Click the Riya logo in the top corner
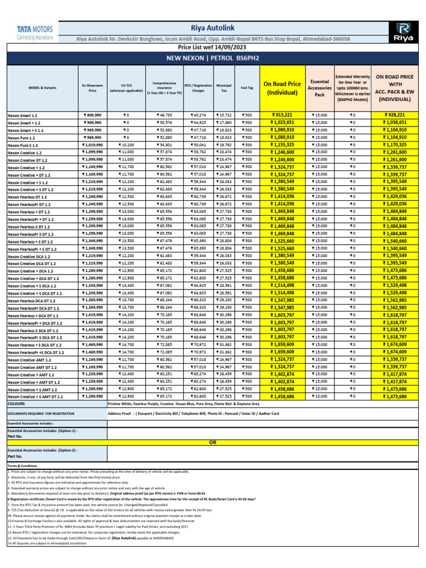coord(404,32)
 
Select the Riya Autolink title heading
coord(212,27)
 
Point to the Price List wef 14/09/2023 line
coord(212,48)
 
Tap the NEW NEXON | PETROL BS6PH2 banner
coord(212,57)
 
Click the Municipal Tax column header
coord(224,87)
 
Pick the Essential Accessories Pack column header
coord(319,87)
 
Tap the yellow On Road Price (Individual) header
coord(282,88)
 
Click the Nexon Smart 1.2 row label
coord(23,115)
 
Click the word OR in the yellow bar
coord(212,443)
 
